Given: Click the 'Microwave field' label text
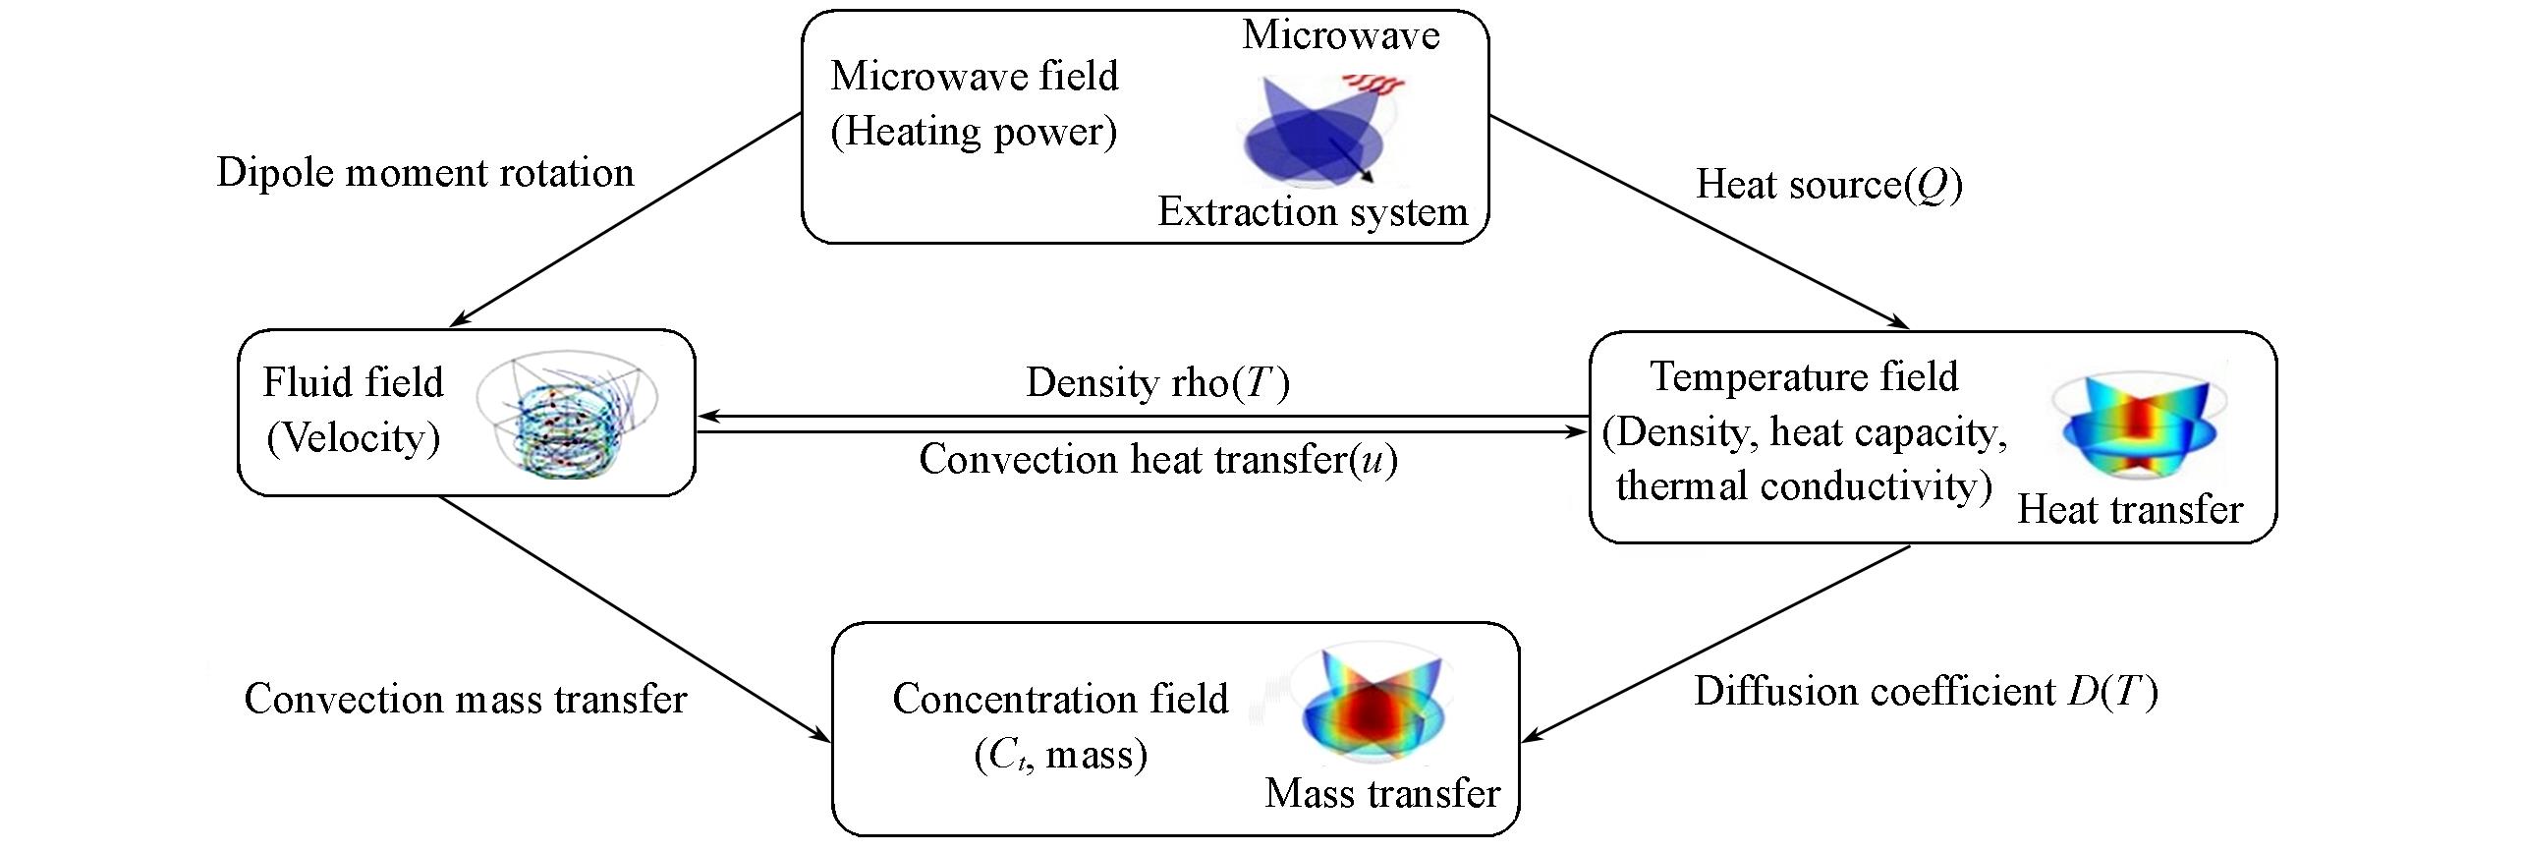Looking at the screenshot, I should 974,77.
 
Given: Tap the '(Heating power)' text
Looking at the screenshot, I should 974,132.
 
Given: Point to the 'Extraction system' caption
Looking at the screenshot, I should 1313,212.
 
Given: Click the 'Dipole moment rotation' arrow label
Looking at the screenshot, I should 425,173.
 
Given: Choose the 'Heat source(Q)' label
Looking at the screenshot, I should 1829,185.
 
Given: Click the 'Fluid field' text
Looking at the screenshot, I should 353,382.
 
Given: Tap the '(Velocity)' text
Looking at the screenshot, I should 353,437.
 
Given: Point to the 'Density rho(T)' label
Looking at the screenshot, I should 1157,383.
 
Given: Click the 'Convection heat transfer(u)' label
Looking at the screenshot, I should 1157,460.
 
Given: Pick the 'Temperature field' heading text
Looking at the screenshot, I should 1804,377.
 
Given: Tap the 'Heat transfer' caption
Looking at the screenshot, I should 2130,510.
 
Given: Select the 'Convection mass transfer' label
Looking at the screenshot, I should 465,700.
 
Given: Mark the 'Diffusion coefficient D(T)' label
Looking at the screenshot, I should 1926,693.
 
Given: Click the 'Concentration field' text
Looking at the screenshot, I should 1060,699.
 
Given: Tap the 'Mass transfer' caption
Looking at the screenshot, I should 1382,794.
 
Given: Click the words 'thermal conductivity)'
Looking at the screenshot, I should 1804,486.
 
